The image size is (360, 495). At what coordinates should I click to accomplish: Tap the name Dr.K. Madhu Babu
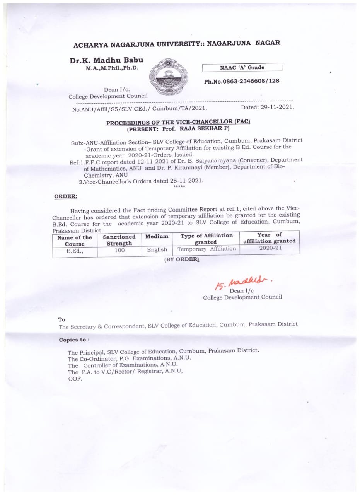click(106, 60)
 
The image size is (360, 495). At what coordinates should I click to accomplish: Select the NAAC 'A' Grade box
click(242, 67)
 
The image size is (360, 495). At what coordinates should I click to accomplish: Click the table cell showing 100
click(119, 250)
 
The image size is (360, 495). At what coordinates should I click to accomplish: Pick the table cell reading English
click(157, 249)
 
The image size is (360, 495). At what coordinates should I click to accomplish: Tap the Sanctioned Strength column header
click(119, 240)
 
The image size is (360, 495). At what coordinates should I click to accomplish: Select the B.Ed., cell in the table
click(75, 251)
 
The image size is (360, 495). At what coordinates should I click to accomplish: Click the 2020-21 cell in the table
click(270, 248)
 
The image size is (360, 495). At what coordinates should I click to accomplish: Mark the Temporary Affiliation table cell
click(206, 249)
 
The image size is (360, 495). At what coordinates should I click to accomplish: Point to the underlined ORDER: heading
click(66, 196)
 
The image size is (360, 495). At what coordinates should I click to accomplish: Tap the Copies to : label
click(74, 340)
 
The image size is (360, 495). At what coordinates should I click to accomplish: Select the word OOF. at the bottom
click(75, 379)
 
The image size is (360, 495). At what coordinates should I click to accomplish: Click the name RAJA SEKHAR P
click(207, 128)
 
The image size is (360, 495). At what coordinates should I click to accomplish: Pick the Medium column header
click(157, 236)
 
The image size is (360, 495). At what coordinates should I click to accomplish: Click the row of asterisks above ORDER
click(179, 187)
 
